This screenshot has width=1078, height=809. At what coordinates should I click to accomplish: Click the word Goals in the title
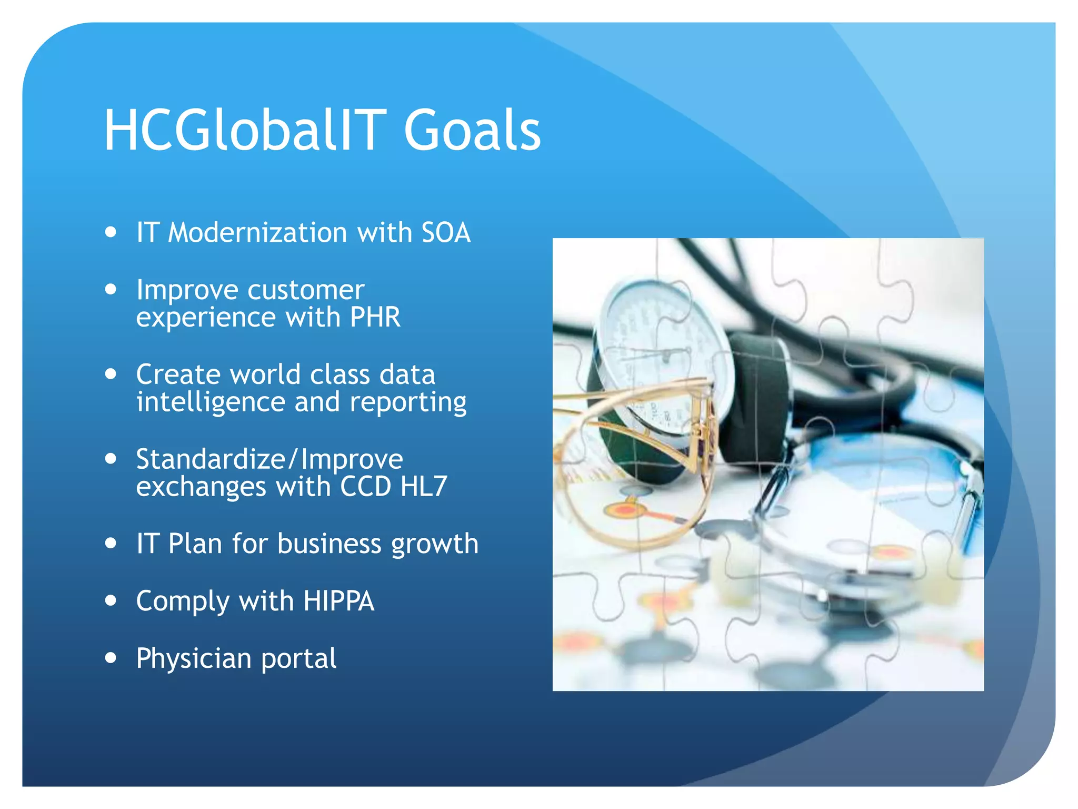click(472, 131)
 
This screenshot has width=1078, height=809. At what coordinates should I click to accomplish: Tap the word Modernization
click(257, 233)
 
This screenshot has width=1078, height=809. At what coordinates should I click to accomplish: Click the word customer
click(306, 290)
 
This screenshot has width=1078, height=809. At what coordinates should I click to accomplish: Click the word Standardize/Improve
click(269, 459)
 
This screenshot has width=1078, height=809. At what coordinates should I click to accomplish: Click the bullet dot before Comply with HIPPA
click(111, 600)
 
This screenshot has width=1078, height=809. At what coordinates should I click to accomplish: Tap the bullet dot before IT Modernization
click(111, 232)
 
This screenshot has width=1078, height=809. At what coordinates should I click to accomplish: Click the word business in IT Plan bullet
click(329, 544)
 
